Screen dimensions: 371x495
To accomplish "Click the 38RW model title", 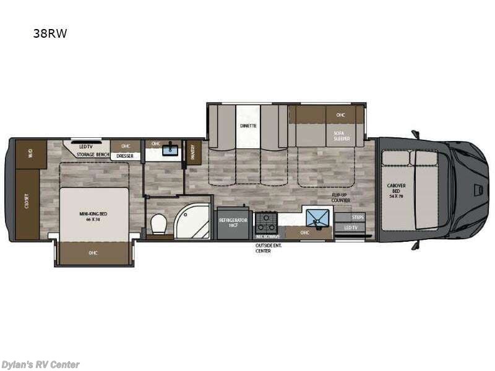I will [x=50, y=34].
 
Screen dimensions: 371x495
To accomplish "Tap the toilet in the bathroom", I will [x=159, y=224].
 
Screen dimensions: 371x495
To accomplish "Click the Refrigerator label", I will [x=233, y=223].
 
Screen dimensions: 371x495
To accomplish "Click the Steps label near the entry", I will [x=358, y=218].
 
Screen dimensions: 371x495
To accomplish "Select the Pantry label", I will [x=193, y=152].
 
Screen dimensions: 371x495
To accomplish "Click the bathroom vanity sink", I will [x=170, y=150].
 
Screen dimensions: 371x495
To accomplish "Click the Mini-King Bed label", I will [x=93, y=216].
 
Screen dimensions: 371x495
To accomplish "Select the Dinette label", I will [x=248, y=126].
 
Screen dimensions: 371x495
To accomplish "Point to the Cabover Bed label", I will [x=397, y=189].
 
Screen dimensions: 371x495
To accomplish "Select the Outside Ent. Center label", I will [x=268, y=249].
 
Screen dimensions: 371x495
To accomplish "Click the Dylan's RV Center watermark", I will [x=40, y=364].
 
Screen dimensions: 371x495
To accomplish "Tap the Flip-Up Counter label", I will [x=341, y=197].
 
